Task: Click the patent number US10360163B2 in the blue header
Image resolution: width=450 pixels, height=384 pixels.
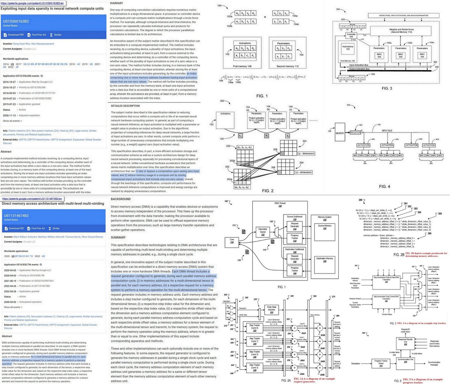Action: pyautogui.click(x=16, y=21)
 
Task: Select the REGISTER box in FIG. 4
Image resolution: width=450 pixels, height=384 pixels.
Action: pyautogui.click(x=355, y=132)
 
